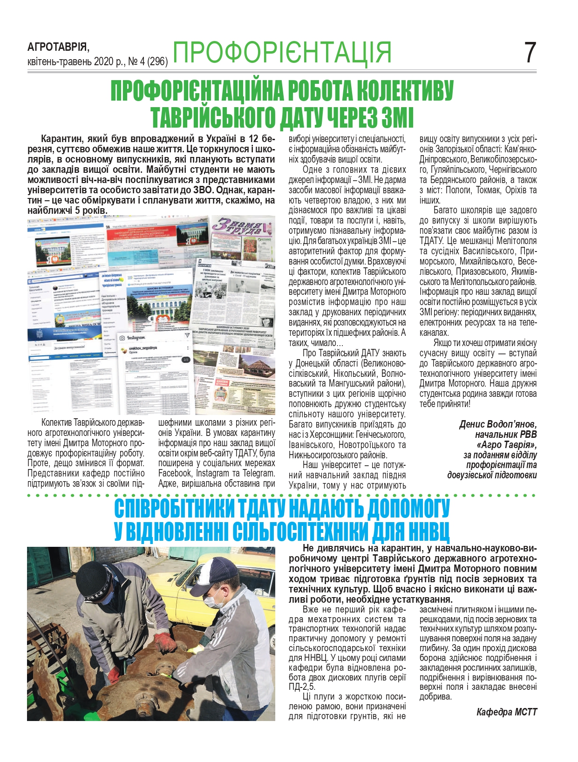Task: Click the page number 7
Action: coord(530,53)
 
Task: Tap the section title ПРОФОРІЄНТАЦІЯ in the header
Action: coord(282,52)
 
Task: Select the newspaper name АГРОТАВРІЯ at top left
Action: coord(58,47)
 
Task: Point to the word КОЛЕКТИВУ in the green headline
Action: coord(402,91)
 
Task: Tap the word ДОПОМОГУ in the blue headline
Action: coord(408,509)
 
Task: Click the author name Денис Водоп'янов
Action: coord(497,424)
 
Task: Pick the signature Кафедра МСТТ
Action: coord(506,712)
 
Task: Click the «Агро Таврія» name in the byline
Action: coord(506,445)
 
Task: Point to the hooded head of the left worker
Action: coord(100,578)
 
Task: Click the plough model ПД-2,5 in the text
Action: coord(301,687)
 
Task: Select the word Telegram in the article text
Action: coord(258,473)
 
